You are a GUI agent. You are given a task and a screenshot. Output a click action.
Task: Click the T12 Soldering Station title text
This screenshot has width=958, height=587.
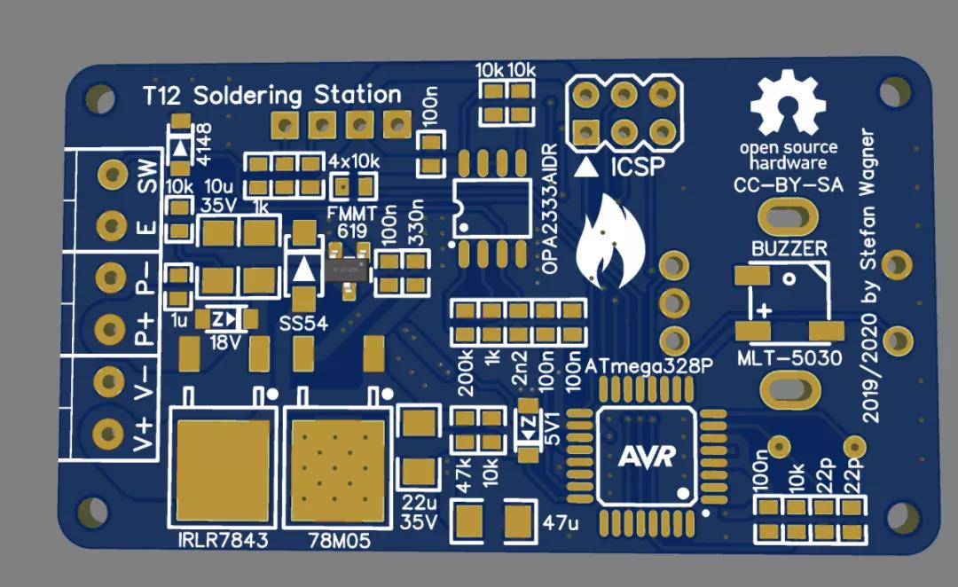272,95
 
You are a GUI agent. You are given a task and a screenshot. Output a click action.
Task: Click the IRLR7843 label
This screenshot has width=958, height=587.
222,540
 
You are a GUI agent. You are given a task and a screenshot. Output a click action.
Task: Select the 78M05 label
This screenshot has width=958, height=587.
339,540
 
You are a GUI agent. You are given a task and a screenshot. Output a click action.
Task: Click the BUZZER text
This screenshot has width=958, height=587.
789,248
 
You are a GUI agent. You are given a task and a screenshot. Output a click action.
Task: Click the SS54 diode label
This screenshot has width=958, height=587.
303,323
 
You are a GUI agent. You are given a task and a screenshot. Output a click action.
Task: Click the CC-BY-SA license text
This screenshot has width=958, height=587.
788,186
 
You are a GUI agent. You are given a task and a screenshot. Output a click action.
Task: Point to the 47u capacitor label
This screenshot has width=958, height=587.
560,522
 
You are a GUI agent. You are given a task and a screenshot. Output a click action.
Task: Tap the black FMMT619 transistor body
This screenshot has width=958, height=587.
345,267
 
